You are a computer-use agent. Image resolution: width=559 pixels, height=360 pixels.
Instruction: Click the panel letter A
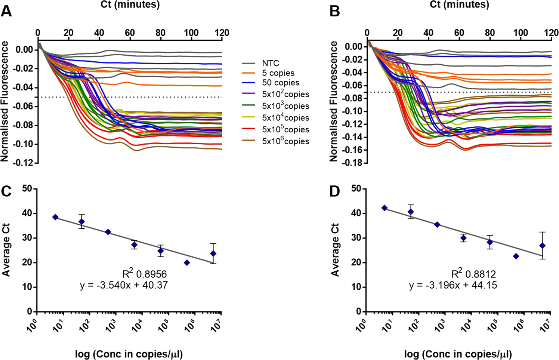pos(6,12)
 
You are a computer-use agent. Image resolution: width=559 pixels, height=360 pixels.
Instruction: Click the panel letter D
pos(335,191)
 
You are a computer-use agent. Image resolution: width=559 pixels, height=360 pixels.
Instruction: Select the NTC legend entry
pos(270,63)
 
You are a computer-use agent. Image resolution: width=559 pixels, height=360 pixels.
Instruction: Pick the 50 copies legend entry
pos(280,83)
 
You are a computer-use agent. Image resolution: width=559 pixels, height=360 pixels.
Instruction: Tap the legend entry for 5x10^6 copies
pos(285,141)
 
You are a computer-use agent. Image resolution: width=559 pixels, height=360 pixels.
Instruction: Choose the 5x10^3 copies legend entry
pos(285,106)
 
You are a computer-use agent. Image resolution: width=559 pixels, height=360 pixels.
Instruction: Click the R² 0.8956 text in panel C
pos(145,274)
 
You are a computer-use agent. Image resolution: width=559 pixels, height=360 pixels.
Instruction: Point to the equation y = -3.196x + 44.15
pos(453,285)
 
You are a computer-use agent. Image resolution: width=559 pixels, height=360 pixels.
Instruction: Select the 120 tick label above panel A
pos(222,33)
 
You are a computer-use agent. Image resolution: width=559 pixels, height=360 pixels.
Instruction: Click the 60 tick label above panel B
pos(459,33)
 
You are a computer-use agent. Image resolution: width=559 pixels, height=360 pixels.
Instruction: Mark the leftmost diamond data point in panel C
pos(55,217)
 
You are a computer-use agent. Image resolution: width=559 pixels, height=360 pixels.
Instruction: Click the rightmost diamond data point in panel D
pos(542,246)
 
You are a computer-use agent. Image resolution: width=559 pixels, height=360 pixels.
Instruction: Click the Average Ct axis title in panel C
pos(6,250)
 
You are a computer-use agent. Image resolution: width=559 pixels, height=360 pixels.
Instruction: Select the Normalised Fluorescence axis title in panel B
pos(334,101)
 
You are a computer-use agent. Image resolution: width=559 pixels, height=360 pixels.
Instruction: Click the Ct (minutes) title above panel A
pos(130,4)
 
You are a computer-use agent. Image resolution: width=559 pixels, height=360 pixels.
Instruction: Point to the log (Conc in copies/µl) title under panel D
pos(458,354)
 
